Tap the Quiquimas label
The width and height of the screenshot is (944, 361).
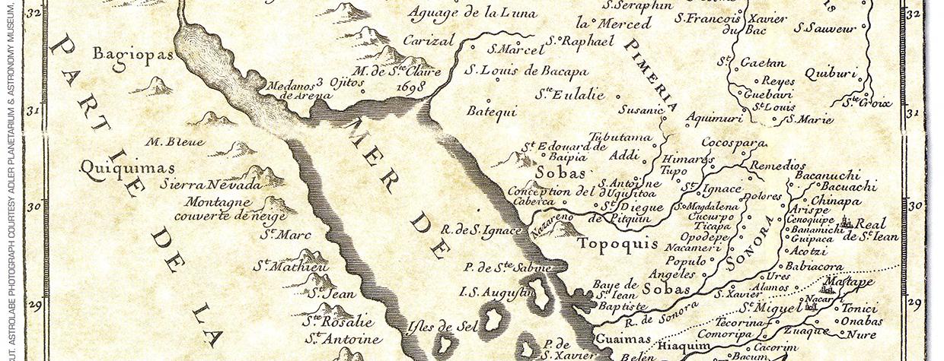point(128,167)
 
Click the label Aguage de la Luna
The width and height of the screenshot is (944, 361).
point(472,13)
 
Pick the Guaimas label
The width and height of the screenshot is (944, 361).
point(622,339)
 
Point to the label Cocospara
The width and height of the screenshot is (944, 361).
point(726,142)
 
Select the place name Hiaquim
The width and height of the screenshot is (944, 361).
point(694,346)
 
